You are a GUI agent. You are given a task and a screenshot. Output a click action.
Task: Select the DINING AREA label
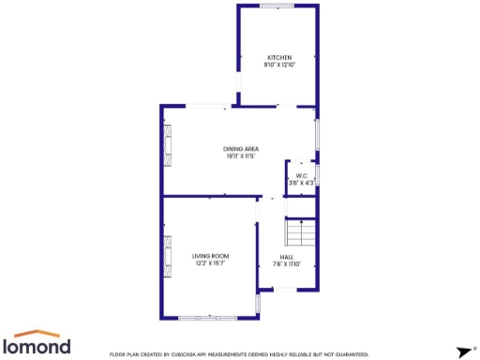click(241, 149)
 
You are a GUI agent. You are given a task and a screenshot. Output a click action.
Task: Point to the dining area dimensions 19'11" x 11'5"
click(241, 157)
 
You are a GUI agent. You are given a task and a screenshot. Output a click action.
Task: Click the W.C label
click(302, 175)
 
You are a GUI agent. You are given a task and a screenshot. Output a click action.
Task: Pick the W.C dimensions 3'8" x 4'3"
click(302, 182)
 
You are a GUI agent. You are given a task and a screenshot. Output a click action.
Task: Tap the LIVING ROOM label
click(211, 256)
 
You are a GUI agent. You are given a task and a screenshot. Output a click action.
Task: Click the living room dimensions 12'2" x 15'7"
click(211, 263)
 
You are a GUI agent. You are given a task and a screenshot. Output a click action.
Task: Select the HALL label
click(287, 257)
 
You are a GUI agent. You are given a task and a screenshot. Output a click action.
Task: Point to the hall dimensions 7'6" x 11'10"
click(287, 264)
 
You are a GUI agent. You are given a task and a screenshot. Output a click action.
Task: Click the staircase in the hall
click(300, 232)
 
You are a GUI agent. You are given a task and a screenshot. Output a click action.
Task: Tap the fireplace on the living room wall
click(169, 253)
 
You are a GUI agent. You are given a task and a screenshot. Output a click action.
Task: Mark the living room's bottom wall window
click(208, 317)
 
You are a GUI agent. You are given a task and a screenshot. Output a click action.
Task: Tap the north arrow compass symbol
click(460, 352)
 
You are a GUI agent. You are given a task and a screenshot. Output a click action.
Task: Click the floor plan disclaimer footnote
click(239, 354)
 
